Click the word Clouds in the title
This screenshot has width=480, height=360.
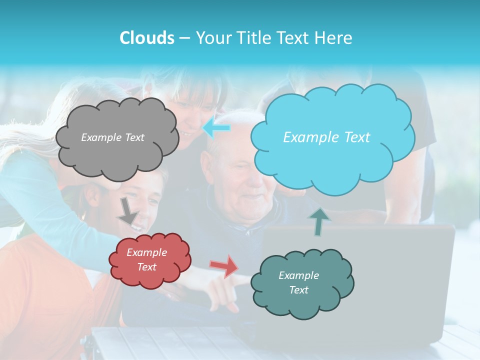146,38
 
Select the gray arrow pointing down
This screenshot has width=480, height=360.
127,211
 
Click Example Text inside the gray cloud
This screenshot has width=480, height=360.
112,137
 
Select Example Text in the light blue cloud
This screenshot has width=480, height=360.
326,137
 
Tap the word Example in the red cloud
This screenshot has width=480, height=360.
147,252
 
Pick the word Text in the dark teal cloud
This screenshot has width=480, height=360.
298,290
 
